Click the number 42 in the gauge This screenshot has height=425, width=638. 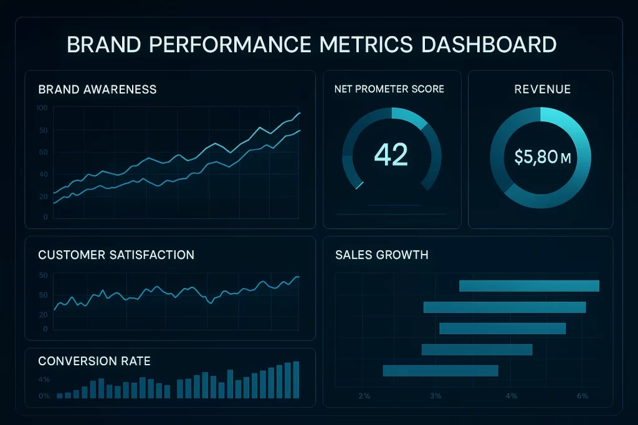tap(391, 154)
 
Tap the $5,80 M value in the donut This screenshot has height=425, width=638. tap(543, 157)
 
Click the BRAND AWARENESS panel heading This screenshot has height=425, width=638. tap(97, 90)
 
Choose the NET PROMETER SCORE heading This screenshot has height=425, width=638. tap(389, 89)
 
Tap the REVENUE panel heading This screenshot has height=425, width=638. tap(542, 90)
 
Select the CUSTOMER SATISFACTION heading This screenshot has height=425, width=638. tap(116, 255)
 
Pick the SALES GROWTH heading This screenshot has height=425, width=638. tap(381, 255)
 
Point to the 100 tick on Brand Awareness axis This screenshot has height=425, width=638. tap(42, 108)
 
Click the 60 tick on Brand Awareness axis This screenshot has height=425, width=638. tap(43, 152)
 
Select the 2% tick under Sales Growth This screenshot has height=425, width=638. tap(364, 396)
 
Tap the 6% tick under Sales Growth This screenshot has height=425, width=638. tap(583, 396)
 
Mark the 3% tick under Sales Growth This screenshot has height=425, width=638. tap(436, 396)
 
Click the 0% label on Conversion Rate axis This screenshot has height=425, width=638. tap(44, 396)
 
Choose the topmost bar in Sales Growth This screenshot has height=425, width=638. tap(529, 286)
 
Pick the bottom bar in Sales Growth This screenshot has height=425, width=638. tap(440, 371)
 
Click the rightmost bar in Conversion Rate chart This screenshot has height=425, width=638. tap(296, 380)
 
